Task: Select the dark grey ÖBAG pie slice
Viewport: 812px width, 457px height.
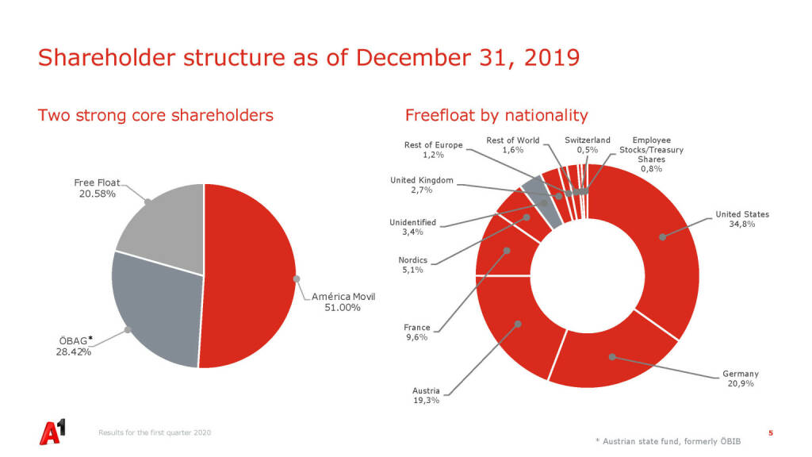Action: (155, 309)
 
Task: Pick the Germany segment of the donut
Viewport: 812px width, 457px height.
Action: (611, 356)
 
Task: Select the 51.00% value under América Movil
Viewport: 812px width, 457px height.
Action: (343, 308)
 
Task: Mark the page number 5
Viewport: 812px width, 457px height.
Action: (771, 432)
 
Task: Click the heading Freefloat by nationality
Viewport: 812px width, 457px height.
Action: (496, 116)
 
